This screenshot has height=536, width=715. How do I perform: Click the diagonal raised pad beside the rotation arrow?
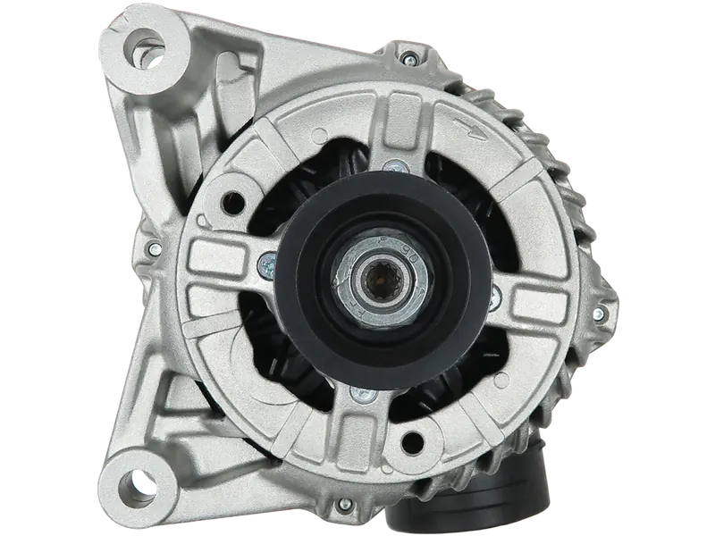[523, 174]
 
